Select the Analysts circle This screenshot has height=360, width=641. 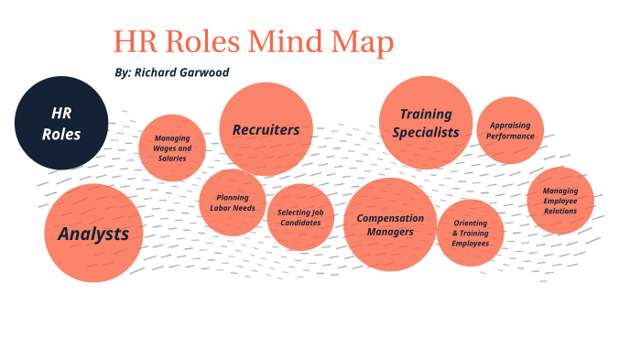click(93, 234)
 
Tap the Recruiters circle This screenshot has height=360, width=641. click(266, 129)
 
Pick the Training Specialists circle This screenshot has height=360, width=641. click(426, 123)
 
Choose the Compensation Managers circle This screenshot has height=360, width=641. click(391, 224)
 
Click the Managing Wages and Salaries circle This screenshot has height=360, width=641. click(172, 147)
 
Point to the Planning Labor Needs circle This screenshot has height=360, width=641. click(233, 202)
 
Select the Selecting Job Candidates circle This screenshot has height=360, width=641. click(300, 217)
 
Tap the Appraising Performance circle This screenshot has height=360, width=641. click(510, 130)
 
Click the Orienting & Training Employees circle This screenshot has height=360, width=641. click(470, 232)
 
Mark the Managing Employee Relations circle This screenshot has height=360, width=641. click(560, 201)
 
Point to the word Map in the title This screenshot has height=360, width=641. click(365, 42)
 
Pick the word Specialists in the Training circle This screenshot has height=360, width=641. click(426, 132)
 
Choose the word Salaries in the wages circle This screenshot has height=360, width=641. click(171, 158)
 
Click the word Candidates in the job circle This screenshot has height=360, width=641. click(300, 223)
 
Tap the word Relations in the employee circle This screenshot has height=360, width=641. click(560, 212)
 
